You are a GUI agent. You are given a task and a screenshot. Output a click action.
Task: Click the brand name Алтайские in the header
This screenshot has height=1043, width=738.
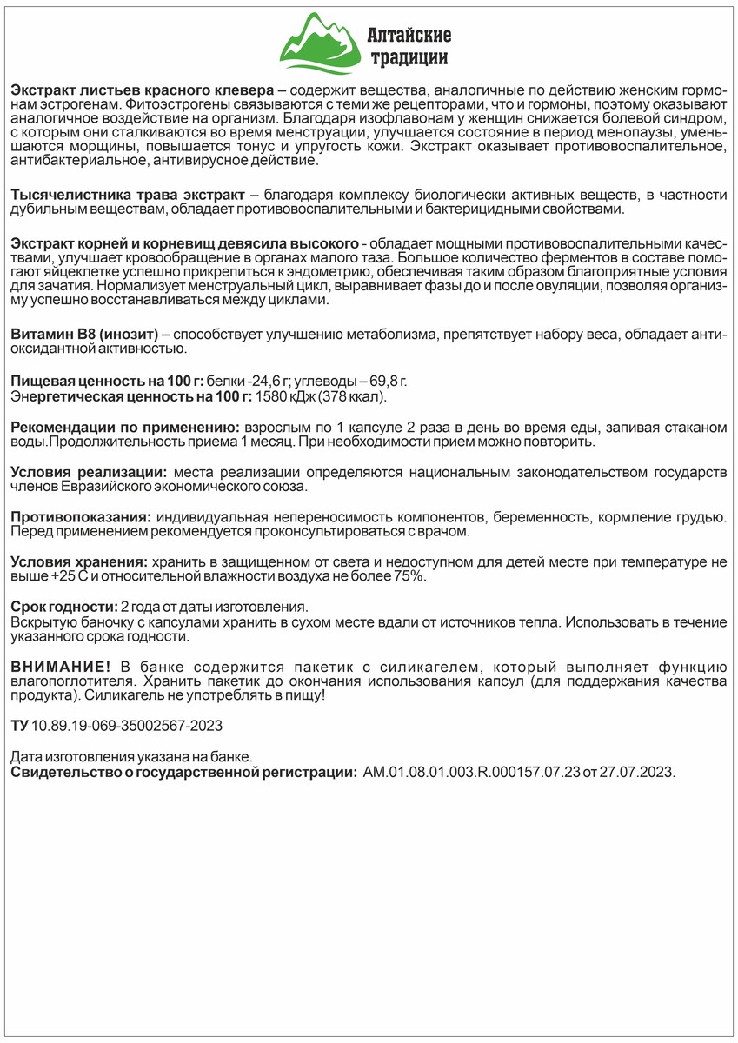click(x=409, y=36)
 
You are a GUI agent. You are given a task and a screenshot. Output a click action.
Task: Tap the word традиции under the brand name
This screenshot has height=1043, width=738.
click(x=409, y=59)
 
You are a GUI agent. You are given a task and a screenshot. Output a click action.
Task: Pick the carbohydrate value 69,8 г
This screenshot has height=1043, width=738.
click(x=388, y=382)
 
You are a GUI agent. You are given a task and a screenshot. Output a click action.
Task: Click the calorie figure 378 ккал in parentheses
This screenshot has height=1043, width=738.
click(x=352, y=397)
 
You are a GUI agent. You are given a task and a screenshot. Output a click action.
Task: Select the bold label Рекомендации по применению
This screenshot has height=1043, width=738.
click(x=124, y=428)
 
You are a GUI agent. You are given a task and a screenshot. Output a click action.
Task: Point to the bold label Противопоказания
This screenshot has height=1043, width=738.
click(x=80, y=516)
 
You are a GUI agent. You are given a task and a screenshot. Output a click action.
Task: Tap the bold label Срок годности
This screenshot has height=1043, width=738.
click(x=63, y=606)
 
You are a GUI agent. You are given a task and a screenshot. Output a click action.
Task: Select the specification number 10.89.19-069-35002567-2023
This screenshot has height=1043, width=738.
click(x=121, y=726)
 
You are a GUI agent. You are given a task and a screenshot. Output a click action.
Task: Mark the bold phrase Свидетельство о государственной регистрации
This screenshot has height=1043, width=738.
click(x=183, y=772)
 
